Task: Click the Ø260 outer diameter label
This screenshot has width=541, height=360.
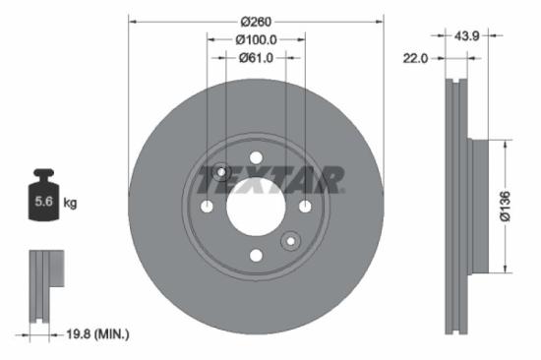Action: [256, 20]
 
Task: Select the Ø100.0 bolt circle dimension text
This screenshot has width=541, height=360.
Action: [256, 39]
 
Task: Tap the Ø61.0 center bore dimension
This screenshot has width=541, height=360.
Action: [256, 58]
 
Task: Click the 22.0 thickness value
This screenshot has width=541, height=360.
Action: [416, 58]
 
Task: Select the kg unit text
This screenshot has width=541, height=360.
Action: [71, 204]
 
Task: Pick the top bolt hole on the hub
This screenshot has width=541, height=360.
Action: [256, 157]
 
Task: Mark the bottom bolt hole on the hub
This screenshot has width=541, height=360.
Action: [256, 256]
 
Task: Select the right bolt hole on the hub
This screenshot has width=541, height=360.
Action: [305, 207]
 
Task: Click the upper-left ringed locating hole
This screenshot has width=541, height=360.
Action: [221, 173]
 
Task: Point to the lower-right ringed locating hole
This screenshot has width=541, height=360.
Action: [290, 240]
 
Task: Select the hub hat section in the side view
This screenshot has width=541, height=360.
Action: [479, 207]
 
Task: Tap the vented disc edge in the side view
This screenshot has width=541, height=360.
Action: [453, 207]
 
